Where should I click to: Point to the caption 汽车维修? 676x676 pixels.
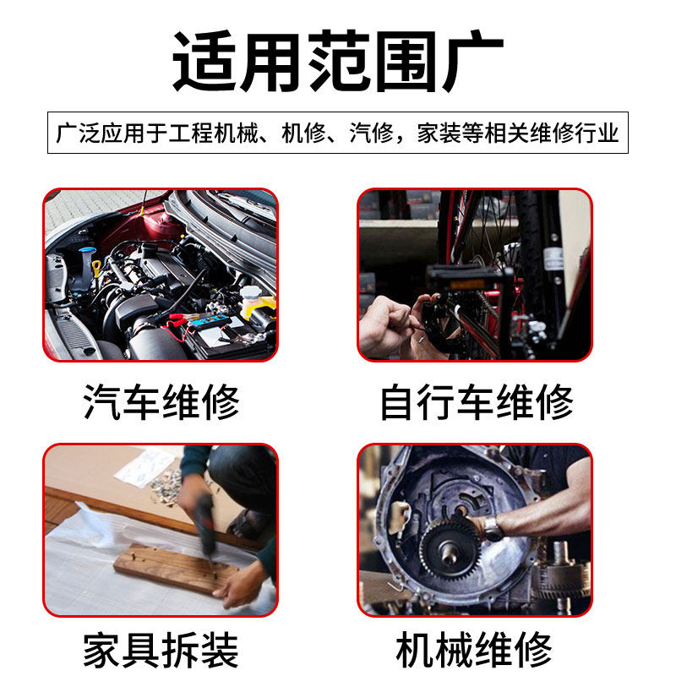pyautogui.click(x=161, y=402)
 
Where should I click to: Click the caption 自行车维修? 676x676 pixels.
pyautogui.click(x=476, y=402)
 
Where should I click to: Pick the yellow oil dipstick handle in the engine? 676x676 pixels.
pyautogui.click(x=96, y=268)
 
